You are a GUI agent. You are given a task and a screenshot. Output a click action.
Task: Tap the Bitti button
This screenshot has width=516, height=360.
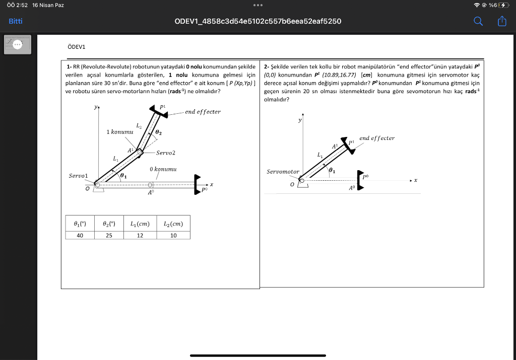pyautogui.click(x=15, y=21)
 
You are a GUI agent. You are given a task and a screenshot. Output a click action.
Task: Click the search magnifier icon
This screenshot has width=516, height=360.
pyautogui.click(x=478, y=21)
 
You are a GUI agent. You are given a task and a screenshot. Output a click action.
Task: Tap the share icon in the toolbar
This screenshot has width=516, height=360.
pyautogui.click(x=501, y=21)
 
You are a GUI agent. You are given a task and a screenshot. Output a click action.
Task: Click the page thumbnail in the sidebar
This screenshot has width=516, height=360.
pyautogui.click(x=18, y=44)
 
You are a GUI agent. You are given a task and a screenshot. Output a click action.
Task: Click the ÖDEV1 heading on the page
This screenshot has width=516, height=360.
pyautogui.click(x=77, y=47)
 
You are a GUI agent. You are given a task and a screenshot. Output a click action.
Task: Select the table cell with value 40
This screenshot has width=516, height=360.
pyautogui.click(x=81, y=235)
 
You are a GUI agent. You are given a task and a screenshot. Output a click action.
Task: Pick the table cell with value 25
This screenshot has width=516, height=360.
pyautogui.click(x=109, y=235)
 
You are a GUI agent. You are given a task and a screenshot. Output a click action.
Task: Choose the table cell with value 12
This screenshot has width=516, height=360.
pyautogui.click(x=140, y=235)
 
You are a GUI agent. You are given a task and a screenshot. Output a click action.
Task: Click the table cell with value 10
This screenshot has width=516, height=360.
pyautogui.click(x=173, y=235)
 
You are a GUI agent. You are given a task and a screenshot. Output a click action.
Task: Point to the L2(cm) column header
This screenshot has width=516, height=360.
pyautogui.click(x=173, y=224)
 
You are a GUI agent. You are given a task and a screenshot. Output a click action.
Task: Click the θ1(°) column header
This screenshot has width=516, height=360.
pyautogui.click(x=81, y=224)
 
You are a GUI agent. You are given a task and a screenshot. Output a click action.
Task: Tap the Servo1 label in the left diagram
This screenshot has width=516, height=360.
pyautogui.click(x=79, y=176)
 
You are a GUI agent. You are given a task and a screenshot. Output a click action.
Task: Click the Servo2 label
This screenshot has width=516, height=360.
pyautogui.click(x=166, y=153)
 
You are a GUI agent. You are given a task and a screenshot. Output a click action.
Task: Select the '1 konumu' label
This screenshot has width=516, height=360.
pyautogui.click(x=119, y=131)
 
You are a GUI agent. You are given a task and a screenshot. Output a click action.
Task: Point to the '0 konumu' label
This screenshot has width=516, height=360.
pyautogui.click(x=163, y=169)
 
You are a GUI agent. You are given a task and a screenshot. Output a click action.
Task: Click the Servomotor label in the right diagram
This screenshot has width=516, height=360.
pyautogui.click(x=283, y=172)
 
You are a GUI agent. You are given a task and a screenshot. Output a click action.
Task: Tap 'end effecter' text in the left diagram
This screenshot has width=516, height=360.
pyautogui.click(x=203, y=112)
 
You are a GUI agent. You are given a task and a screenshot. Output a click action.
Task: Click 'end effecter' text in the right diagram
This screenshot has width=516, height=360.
pyautogui.click(x=377, y=138)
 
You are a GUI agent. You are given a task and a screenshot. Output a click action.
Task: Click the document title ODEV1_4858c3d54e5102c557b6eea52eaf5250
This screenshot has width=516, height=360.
pyautogui.click(x=257, y=21)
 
